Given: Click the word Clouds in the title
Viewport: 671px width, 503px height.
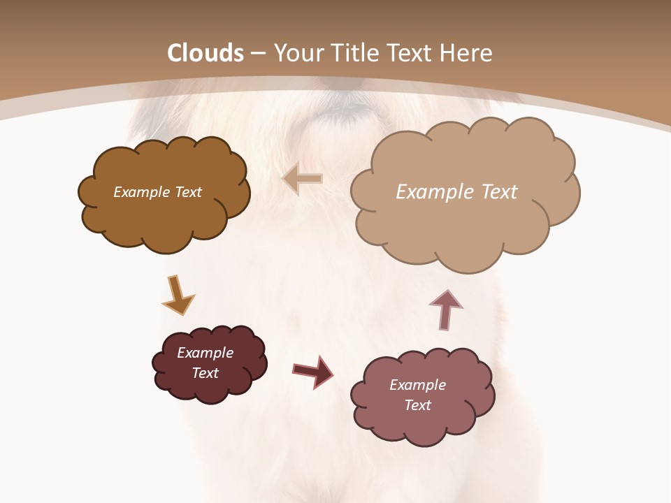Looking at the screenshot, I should [x=205, y=53].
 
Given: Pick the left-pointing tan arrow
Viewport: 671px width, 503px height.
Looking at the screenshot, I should [x=303, y=179].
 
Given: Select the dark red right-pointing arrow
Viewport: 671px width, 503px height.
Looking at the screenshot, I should [x=314, y=371].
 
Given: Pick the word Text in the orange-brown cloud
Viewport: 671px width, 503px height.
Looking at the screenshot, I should [x=188, y=192].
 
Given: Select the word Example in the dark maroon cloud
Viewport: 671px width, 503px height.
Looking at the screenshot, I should [x=205, y=353].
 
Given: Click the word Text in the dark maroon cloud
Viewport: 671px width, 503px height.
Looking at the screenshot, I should [x=205, y=373].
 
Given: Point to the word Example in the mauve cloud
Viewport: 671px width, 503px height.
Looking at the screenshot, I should [x=417, y=385].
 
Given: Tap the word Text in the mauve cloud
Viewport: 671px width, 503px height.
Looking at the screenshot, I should [x=418, y=405].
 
